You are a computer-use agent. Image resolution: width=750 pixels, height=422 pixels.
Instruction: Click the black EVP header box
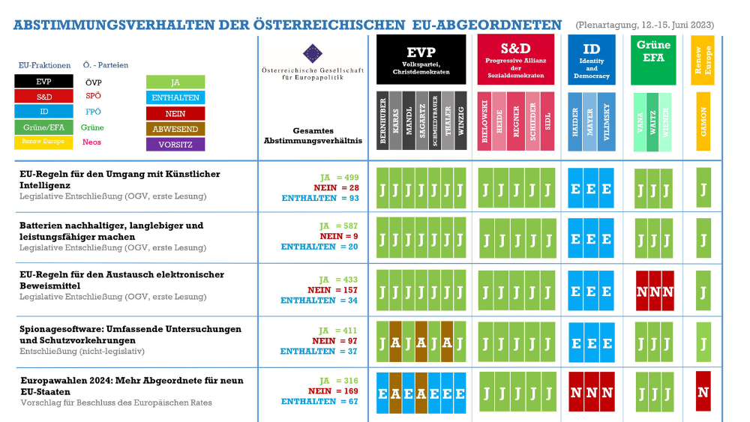click(x=421, y=59)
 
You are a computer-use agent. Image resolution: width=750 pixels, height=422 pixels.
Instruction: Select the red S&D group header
click(x=514, y=59)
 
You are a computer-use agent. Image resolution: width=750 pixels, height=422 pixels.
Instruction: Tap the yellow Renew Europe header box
click(x=703, y=59)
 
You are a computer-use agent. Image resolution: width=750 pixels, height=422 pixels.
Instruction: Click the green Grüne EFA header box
click(x=653, y=59)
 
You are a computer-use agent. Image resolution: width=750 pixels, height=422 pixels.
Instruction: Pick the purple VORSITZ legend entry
click(x=175, y=143)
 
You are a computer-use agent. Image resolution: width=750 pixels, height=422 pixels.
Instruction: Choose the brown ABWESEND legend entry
click(x=175, y=128)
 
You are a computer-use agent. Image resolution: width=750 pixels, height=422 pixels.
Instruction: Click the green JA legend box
click(x=175, y=82)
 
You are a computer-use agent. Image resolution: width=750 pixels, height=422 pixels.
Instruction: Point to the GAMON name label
click(x=703, y=121)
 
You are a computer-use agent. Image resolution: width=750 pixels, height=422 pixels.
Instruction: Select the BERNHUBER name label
click(x=382, y=121)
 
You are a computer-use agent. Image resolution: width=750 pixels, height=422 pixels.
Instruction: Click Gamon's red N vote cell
click(x=703, y=391)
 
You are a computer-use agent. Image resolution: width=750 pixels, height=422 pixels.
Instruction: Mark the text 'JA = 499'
click(x=339, y=178)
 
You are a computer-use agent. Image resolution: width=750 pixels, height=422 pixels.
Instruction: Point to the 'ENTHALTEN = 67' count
click(x=319, y=402)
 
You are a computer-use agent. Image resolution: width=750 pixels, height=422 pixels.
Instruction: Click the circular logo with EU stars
click(x=312, y=54)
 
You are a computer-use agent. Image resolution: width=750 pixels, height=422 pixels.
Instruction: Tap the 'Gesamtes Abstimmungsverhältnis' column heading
click(x=313, y=134)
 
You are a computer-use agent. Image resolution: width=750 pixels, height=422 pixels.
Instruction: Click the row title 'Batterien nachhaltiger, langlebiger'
click(x=111, y=226)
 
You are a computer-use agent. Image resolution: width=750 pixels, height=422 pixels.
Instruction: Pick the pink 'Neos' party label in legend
click(x=92, y=142)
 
